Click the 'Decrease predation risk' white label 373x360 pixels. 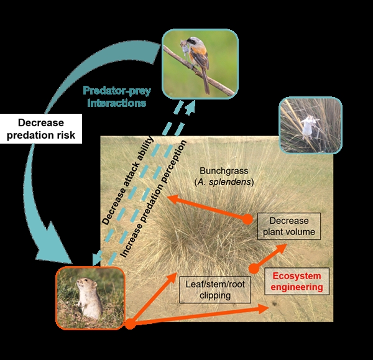(x=41, y=129)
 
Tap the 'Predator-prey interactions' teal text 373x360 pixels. (x=117, y=97)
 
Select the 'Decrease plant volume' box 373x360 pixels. (x=289, y=226)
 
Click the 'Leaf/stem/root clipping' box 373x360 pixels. (x=215, y=290)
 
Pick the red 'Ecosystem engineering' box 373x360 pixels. (x=297, y=282)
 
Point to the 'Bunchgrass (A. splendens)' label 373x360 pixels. (x=224, y=177)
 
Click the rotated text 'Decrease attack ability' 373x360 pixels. (x=127, y=181)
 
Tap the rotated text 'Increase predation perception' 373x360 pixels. (x=154, y=199)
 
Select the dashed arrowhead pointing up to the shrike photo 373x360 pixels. (x=190, y=108)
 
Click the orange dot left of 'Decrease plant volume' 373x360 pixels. (x=247, y=219)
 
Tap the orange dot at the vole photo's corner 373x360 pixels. (x=130, y=324)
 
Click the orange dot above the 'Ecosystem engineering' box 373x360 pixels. (x=254, y=269)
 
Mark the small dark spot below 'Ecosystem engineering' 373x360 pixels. (x=275, y=303)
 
